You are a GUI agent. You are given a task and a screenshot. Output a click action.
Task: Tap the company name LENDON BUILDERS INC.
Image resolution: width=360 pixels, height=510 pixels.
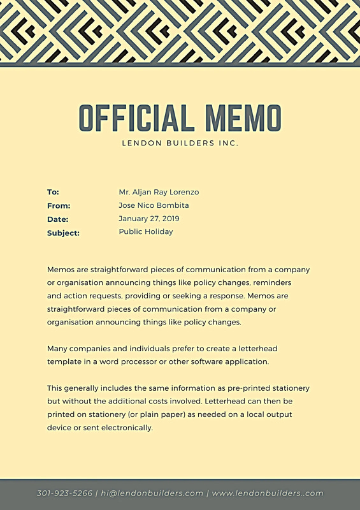point(180,143)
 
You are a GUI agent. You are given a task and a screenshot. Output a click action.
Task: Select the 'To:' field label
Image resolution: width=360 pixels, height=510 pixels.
point(53,192)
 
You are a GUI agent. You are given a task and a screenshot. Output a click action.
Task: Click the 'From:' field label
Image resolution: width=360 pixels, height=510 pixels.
point(59,206)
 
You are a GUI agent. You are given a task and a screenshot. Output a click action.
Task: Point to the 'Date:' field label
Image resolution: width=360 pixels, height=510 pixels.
point(57,219)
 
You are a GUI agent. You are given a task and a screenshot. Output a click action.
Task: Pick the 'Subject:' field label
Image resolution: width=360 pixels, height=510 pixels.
point(63,233)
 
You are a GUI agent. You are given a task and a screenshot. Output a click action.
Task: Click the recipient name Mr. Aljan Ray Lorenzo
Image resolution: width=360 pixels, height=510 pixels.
point(159,192)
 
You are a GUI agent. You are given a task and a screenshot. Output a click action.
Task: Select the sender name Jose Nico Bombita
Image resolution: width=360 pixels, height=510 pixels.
point(154,205)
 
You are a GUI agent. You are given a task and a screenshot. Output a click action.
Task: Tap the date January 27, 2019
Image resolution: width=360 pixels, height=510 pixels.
point(149,219)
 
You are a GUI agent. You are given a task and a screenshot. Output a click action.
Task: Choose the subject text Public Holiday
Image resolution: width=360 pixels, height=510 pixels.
point(146,232)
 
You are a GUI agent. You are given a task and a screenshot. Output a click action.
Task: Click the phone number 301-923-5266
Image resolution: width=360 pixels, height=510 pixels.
point(64,493)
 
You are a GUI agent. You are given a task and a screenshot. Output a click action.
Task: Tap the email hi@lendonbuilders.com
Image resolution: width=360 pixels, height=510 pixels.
point(152,493)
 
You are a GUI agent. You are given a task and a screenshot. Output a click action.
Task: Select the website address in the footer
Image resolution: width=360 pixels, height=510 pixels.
point(268,493)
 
